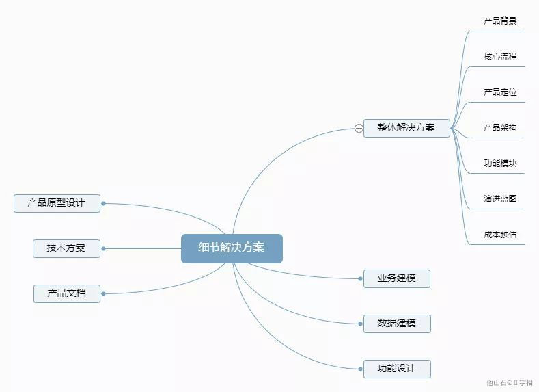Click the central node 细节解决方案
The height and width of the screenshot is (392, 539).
tap(232, 248)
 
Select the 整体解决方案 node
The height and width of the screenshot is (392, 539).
tap(406, 128)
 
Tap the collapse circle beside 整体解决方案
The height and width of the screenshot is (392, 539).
tap(359, 128)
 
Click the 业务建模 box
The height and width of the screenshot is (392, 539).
tap(396, 278)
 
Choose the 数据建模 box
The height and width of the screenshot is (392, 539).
tap(397, 324)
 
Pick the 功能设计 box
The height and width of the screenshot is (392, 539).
tap(397, 369)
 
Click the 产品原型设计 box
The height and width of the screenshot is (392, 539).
tap(57, 203)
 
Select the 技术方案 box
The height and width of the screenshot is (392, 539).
tap(66, 248)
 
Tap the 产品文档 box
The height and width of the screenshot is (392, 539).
tap(67, 293)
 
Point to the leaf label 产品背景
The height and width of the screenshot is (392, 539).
tap(500, 21)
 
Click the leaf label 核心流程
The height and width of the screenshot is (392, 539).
tap(500, 57)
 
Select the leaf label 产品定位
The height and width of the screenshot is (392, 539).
tap(500, 92)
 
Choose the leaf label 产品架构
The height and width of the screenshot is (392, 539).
tap(500, 128)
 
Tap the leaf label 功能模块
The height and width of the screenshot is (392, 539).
tap(500, 164)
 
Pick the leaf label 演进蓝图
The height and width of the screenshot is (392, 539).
tap(500, 199)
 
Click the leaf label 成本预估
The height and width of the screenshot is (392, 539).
tap(500, 235)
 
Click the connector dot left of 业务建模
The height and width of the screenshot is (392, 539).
tap(360, 278)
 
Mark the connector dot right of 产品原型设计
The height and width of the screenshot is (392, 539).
tap(103, 203)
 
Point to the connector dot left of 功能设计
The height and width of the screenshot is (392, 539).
tap(360, 369)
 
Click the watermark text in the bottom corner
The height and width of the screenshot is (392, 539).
tap(510, 383)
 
